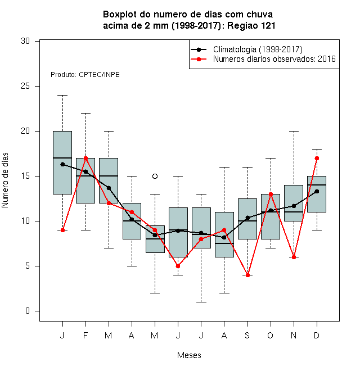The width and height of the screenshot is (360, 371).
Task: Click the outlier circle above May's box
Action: click(x=155, y=177)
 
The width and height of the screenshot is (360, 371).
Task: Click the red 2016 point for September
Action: click(x=247, y=275)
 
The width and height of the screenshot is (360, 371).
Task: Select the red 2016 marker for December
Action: click(x=317, y=159)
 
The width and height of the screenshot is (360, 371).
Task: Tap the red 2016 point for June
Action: click(x=178, y=266)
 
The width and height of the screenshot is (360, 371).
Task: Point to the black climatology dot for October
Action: click(x=271, y=210)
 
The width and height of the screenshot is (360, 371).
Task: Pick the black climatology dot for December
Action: click(x=317, y=192)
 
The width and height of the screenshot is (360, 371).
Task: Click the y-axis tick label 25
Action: click(x=25, y=86)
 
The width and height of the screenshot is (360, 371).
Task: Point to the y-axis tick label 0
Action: click(x=28, y=311)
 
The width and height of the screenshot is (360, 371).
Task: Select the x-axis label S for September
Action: click(x=247, y=335)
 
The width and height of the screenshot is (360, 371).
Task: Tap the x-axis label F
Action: click(x=85, y=335)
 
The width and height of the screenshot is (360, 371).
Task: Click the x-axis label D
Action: click(x=317, y=335)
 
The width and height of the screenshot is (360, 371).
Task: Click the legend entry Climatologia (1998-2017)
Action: click(x=258, y=49)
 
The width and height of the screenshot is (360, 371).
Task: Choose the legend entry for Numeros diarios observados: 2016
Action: click(x=274, y=59)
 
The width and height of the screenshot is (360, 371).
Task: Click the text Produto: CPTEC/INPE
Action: click(x=85, y=75)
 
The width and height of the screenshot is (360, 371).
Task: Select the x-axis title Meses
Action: click(x=189, y=355)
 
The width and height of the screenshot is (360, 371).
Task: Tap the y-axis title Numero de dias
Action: click(x=5, y=180)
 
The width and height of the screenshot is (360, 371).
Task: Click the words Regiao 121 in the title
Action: click(x=251, y=25)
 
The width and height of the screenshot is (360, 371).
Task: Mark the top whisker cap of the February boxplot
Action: click(x=85, y=114)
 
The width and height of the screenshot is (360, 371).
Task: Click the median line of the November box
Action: click(x=294, y=212)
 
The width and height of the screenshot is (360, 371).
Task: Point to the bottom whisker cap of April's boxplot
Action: click(x=132, y=266)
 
